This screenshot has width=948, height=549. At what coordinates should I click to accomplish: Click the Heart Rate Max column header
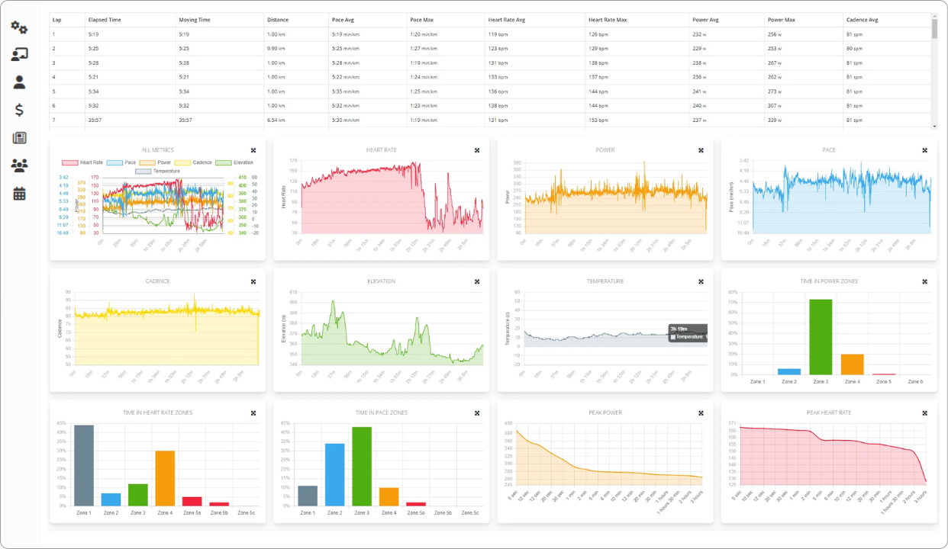click(607, 20)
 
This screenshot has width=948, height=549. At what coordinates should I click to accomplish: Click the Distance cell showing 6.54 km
click(276, 120)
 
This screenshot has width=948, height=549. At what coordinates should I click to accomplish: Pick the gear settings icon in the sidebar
click(19, 28)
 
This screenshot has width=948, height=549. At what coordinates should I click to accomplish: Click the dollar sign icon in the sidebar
click(19, 110)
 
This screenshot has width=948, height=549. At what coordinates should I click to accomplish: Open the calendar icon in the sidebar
click(19, 194)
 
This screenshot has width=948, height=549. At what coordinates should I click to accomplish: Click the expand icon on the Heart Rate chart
click(477, 150)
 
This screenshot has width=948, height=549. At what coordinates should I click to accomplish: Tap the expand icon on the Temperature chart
click(701, 281)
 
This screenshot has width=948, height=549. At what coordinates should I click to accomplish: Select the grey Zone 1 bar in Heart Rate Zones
click(84, 465)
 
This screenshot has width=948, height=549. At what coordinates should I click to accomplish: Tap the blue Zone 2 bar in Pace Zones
click(334, 474)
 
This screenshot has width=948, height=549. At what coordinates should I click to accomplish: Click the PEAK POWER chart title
click(605, 413)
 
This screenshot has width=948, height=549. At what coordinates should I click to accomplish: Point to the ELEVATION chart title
click(381, 281)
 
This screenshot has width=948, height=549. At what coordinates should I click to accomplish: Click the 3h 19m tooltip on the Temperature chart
click(687, 332)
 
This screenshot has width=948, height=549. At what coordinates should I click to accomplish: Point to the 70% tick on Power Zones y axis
click(732, 303)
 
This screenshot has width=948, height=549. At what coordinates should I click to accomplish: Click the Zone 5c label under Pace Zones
click(470, 513)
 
